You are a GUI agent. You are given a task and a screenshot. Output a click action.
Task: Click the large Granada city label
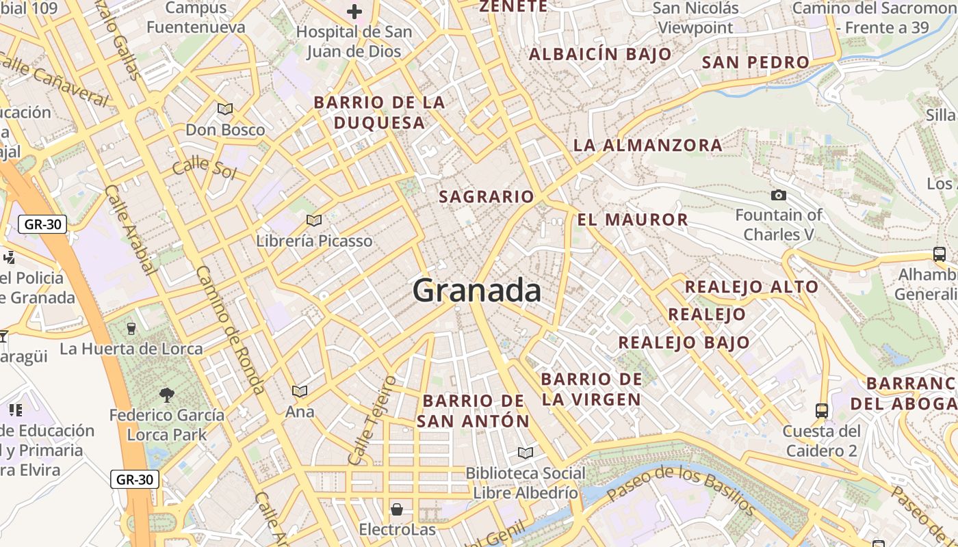click(477, 291)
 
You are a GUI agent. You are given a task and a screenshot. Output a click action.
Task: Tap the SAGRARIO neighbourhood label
click(487, 197)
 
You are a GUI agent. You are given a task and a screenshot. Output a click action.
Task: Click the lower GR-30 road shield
click(135, 479)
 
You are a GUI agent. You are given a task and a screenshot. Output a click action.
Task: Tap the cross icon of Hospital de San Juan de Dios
click(354, 12)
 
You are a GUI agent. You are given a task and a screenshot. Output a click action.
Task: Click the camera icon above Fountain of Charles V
click(778, 196)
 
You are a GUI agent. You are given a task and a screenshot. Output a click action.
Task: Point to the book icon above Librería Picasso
click(314, 220)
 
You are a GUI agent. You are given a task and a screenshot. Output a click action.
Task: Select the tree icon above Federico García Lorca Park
click(166, 395)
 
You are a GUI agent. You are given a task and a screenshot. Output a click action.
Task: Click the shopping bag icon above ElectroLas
click(397, 509)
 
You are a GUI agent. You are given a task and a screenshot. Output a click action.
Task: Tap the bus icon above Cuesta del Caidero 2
click(822, 411)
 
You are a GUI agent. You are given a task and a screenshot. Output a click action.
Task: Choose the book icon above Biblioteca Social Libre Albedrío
click(525, 453)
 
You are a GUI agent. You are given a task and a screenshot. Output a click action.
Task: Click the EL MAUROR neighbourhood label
click(632, 219)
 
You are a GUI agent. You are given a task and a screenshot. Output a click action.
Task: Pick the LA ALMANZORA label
click(647, 145)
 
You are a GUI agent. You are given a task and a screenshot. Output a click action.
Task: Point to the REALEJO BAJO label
click(684, 343)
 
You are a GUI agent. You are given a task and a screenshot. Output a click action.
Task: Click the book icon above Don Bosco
click(225, 109)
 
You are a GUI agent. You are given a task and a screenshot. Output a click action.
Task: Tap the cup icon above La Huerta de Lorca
click(132, 328)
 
